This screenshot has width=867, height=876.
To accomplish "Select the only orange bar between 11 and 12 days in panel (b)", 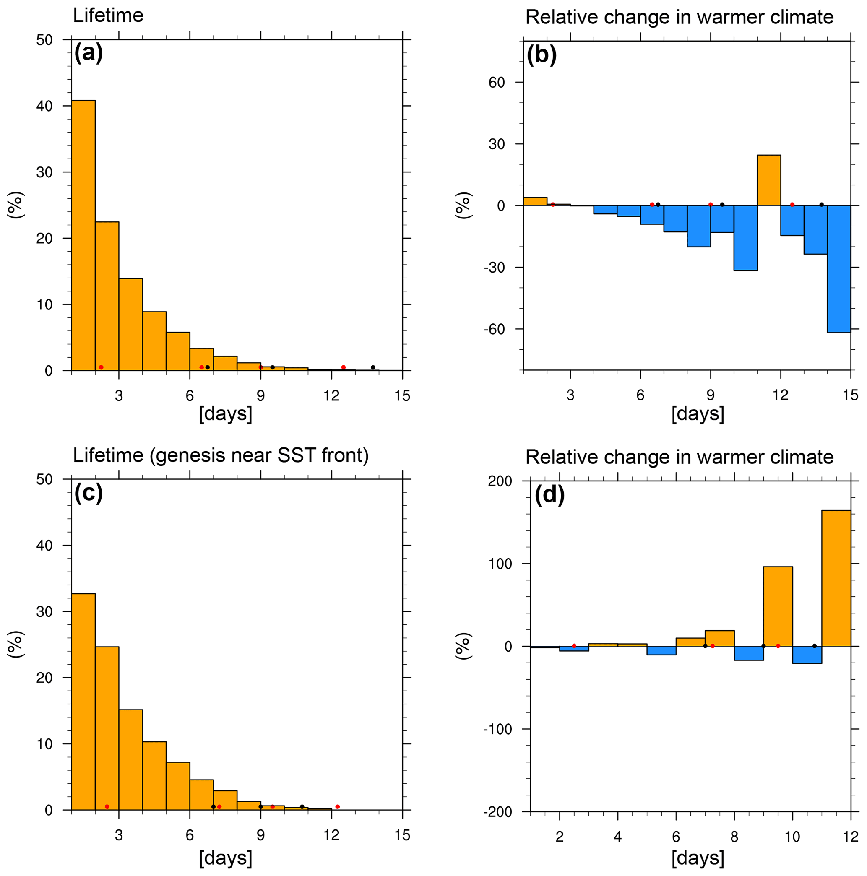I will click(768, 180).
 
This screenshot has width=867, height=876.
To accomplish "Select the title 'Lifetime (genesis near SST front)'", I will click(221, 455).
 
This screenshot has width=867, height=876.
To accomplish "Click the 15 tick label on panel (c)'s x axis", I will click(402, 835).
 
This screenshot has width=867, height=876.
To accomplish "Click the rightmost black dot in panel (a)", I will click(373, 367).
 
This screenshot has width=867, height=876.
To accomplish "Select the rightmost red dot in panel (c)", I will click(337, 807).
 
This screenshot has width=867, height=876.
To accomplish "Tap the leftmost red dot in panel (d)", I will click(574, 646).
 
